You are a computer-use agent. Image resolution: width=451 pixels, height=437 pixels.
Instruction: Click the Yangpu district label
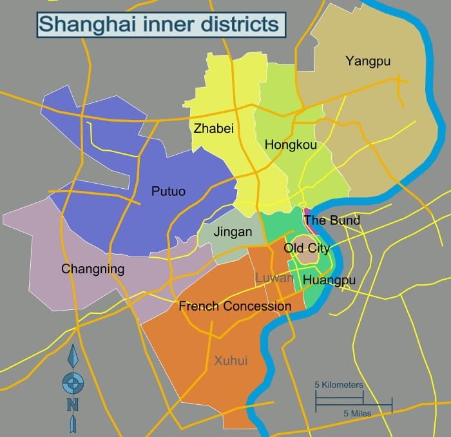(368, 62)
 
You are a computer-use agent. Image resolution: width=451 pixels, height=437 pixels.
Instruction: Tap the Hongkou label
(291, 145)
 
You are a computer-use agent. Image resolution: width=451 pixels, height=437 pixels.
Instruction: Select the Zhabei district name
(213, 128)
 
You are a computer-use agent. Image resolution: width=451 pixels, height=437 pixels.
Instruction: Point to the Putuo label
(168, 191)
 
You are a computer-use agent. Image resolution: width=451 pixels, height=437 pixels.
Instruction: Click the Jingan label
(233, 232)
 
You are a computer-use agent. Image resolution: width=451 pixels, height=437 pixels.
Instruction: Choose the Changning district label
(92, 269)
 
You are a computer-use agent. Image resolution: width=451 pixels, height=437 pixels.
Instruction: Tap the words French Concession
(235, 306)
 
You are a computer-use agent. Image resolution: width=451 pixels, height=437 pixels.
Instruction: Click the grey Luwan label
(274, 278)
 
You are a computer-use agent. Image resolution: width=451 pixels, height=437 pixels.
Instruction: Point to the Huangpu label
(329, 280)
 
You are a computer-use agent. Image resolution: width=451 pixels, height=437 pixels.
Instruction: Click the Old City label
(307, 248)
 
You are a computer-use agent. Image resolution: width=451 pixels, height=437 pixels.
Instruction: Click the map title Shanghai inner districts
(159, 24)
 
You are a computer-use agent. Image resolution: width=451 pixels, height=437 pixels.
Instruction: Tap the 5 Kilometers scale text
(338, 385)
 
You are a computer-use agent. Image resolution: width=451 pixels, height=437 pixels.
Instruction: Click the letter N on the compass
(73, 405)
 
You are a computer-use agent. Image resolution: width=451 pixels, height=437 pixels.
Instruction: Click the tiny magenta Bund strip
(307, 211)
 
